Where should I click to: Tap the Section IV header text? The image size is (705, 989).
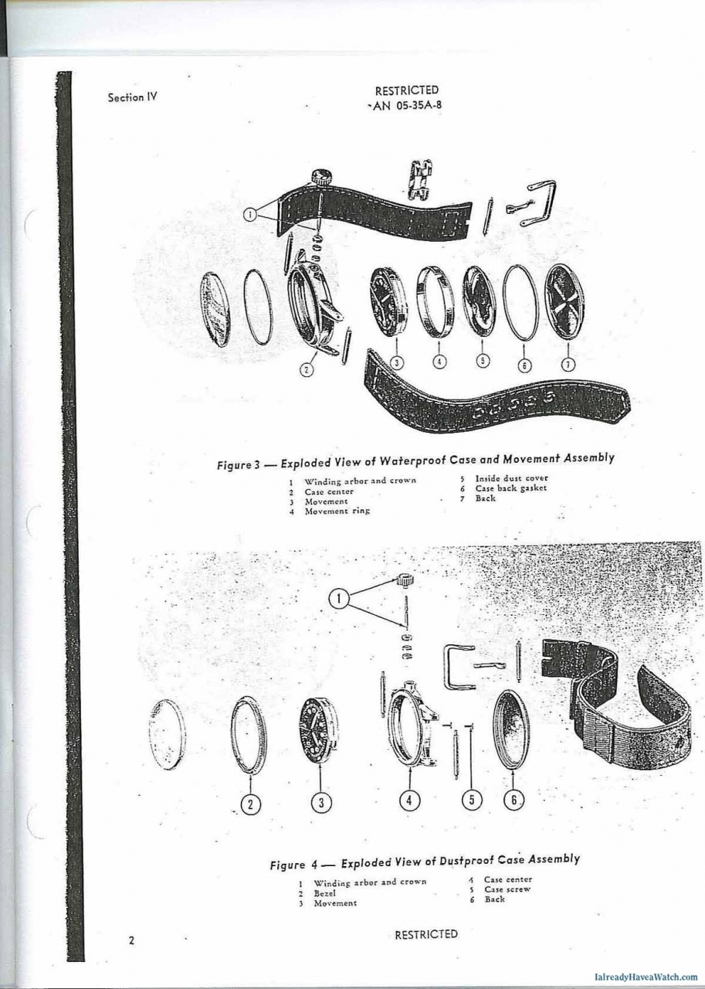coord(132,97)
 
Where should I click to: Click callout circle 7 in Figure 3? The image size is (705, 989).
coord(568,364)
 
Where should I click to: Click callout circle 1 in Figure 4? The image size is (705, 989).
coord(339,598)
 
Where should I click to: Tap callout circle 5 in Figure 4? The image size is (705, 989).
coord(472,800)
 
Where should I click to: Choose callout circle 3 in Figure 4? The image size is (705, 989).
coord(321,802)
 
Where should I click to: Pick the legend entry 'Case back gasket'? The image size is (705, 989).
coord(510,488)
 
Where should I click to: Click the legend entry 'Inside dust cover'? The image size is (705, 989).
coord(511,478)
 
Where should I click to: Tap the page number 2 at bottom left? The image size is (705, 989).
coord(131,940)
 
